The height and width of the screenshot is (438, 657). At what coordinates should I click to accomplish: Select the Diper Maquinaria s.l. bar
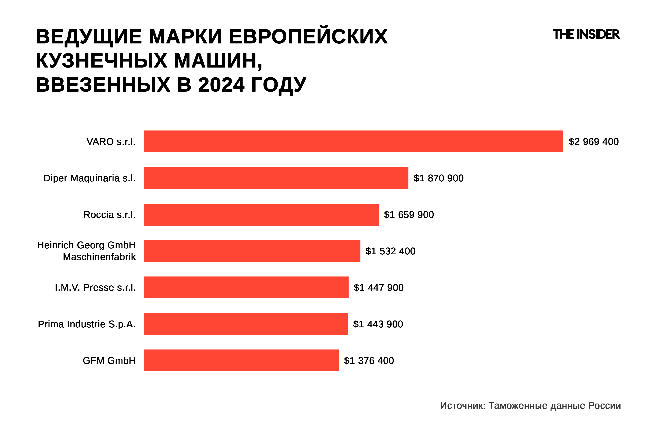[276, 178]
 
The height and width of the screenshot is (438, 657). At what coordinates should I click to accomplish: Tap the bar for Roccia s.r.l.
[261, 215]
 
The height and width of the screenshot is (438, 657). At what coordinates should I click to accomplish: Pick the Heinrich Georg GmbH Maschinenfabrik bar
[252, 251]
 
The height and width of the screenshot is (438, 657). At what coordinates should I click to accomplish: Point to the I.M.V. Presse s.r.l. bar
[246, 287]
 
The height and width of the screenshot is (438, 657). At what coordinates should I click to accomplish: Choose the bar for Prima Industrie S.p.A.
[246, 324]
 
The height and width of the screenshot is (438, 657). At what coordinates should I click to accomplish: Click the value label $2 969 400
[594, 142]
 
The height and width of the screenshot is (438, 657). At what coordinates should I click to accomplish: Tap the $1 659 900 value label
[409, 215]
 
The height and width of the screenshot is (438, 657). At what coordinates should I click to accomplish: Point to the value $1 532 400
[390, 251]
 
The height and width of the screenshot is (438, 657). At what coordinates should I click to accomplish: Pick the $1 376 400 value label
[369, 361]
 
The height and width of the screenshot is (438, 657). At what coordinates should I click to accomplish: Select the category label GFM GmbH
[109, 361]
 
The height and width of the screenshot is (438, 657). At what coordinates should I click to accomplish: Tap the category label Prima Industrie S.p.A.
[87, 324]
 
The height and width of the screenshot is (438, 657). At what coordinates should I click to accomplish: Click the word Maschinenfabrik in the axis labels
[99, 257]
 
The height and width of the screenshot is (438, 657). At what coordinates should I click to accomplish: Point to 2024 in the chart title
[221, 85]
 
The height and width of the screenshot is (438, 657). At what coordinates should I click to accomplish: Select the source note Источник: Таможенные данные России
[530, 406]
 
